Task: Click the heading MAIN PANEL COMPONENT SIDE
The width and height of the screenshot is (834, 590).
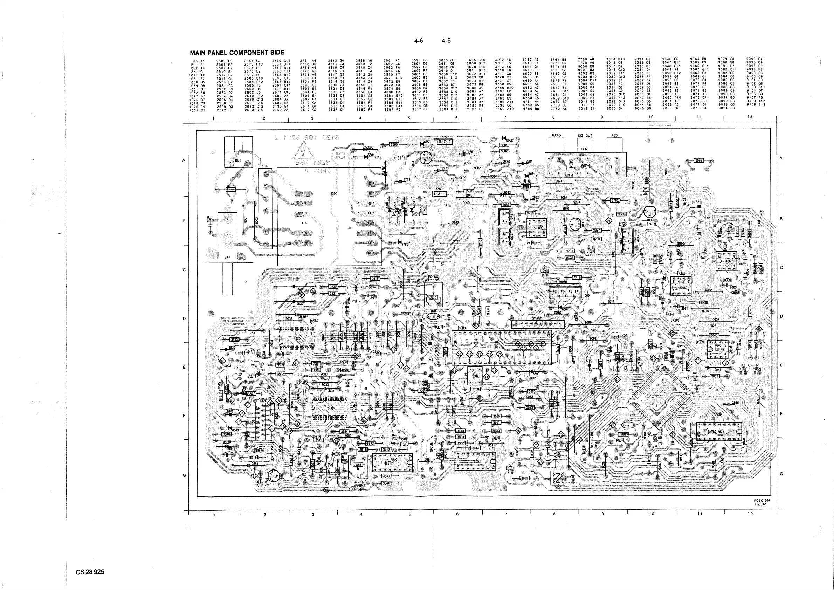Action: (x=237, y=53)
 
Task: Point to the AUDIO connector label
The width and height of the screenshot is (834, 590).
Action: (x=556, y=136)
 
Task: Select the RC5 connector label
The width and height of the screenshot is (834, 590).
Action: (x=614, y=136)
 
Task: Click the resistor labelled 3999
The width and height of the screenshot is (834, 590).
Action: (x=698, y=160)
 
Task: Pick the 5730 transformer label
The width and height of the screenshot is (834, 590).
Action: (x=333, y=194)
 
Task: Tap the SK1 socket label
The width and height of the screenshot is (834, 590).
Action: (x=227, y=257)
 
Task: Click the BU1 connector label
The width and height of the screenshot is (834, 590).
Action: (x=238, y=160)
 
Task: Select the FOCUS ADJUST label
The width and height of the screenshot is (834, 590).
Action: (x=433, y=279)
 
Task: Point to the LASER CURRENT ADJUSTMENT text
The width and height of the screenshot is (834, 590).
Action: (x=358, y=486)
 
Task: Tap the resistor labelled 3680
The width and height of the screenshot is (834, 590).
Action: (x=394, y=144)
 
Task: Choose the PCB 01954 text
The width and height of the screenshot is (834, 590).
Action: (x=762, y=500)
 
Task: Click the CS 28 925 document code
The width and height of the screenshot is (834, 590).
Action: (x=90, y=572)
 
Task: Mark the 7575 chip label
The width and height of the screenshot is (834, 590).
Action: (x=721, y=432)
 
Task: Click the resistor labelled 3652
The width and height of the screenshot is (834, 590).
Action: (x=715, y=376)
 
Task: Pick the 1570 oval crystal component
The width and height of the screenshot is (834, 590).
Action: (x=628, y=424)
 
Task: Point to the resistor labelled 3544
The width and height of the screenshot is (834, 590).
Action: (x=386, y=483)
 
